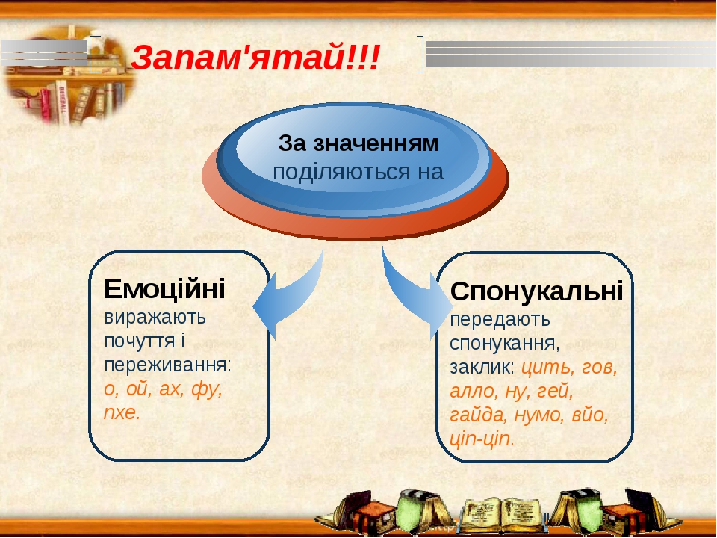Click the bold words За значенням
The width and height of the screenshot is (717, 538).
358,142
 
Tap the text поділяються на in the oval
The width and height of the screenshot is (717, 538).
358,172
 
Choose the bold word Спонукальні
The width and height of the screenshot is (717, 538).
537,291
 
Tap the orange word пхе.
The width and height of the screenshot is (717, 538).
122,413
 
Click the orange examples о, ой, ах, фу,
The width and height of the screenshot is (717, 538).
164,389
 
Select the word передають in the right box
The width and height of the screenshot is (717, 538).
500,319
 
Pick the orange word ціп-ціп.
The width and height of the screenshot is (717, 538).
482,439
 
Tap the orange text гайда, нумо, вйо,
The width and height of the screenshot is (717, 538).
529,415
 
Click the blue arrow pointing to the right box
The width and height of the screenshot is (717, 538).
415,299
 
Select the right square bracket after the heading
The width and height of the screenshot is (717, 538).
420,54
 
